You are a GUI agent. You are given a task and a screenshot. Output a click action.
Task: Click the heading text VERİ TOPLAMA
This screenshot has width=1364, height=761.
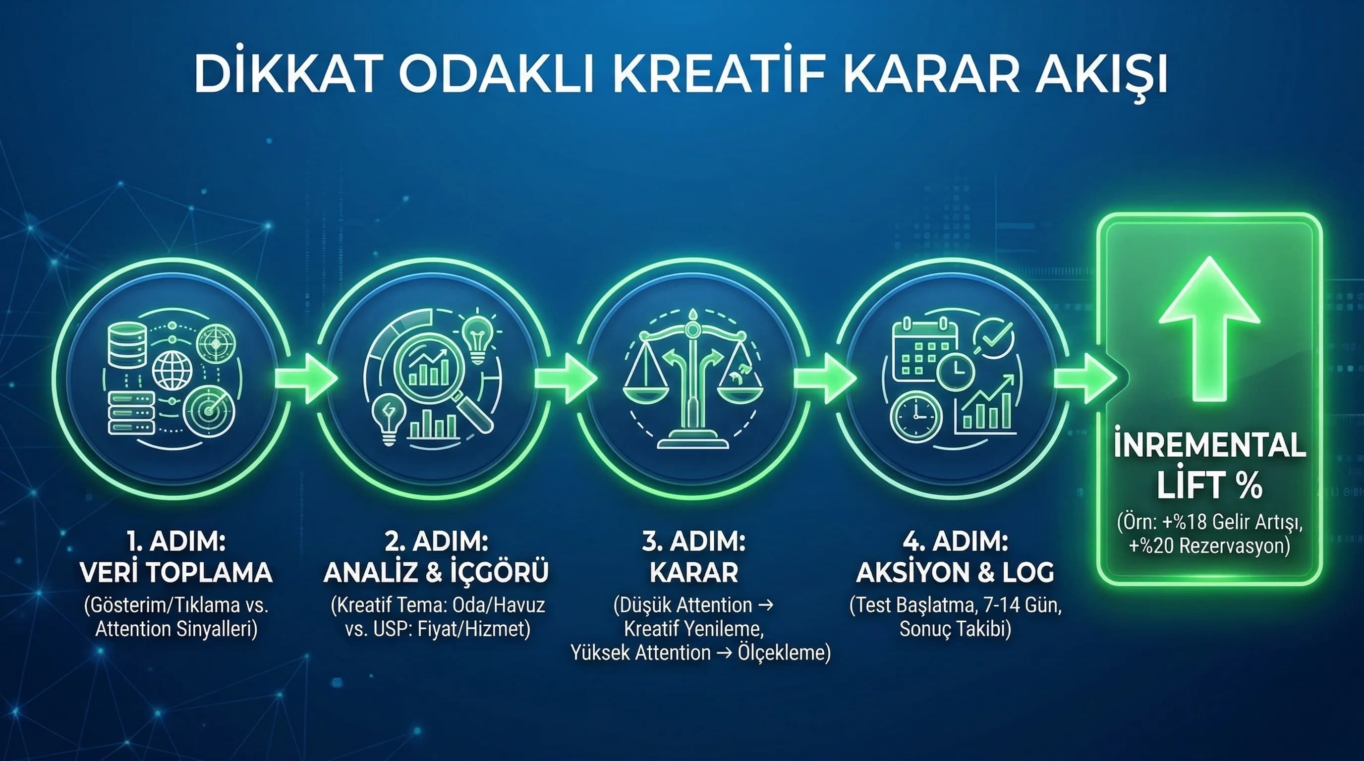pos(176,573)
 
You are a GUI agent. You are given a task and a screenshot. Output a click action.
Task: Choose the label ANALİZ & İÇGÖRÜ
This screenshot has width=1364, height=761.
pos(436,573)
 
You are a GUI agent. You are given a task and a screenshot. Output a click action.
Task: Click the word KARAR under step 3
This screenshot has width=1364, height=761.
pos(694,573)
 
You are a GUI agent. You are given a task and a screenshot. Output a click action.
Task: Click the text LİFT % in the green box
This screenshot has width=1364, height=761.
pos(1209,486)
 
